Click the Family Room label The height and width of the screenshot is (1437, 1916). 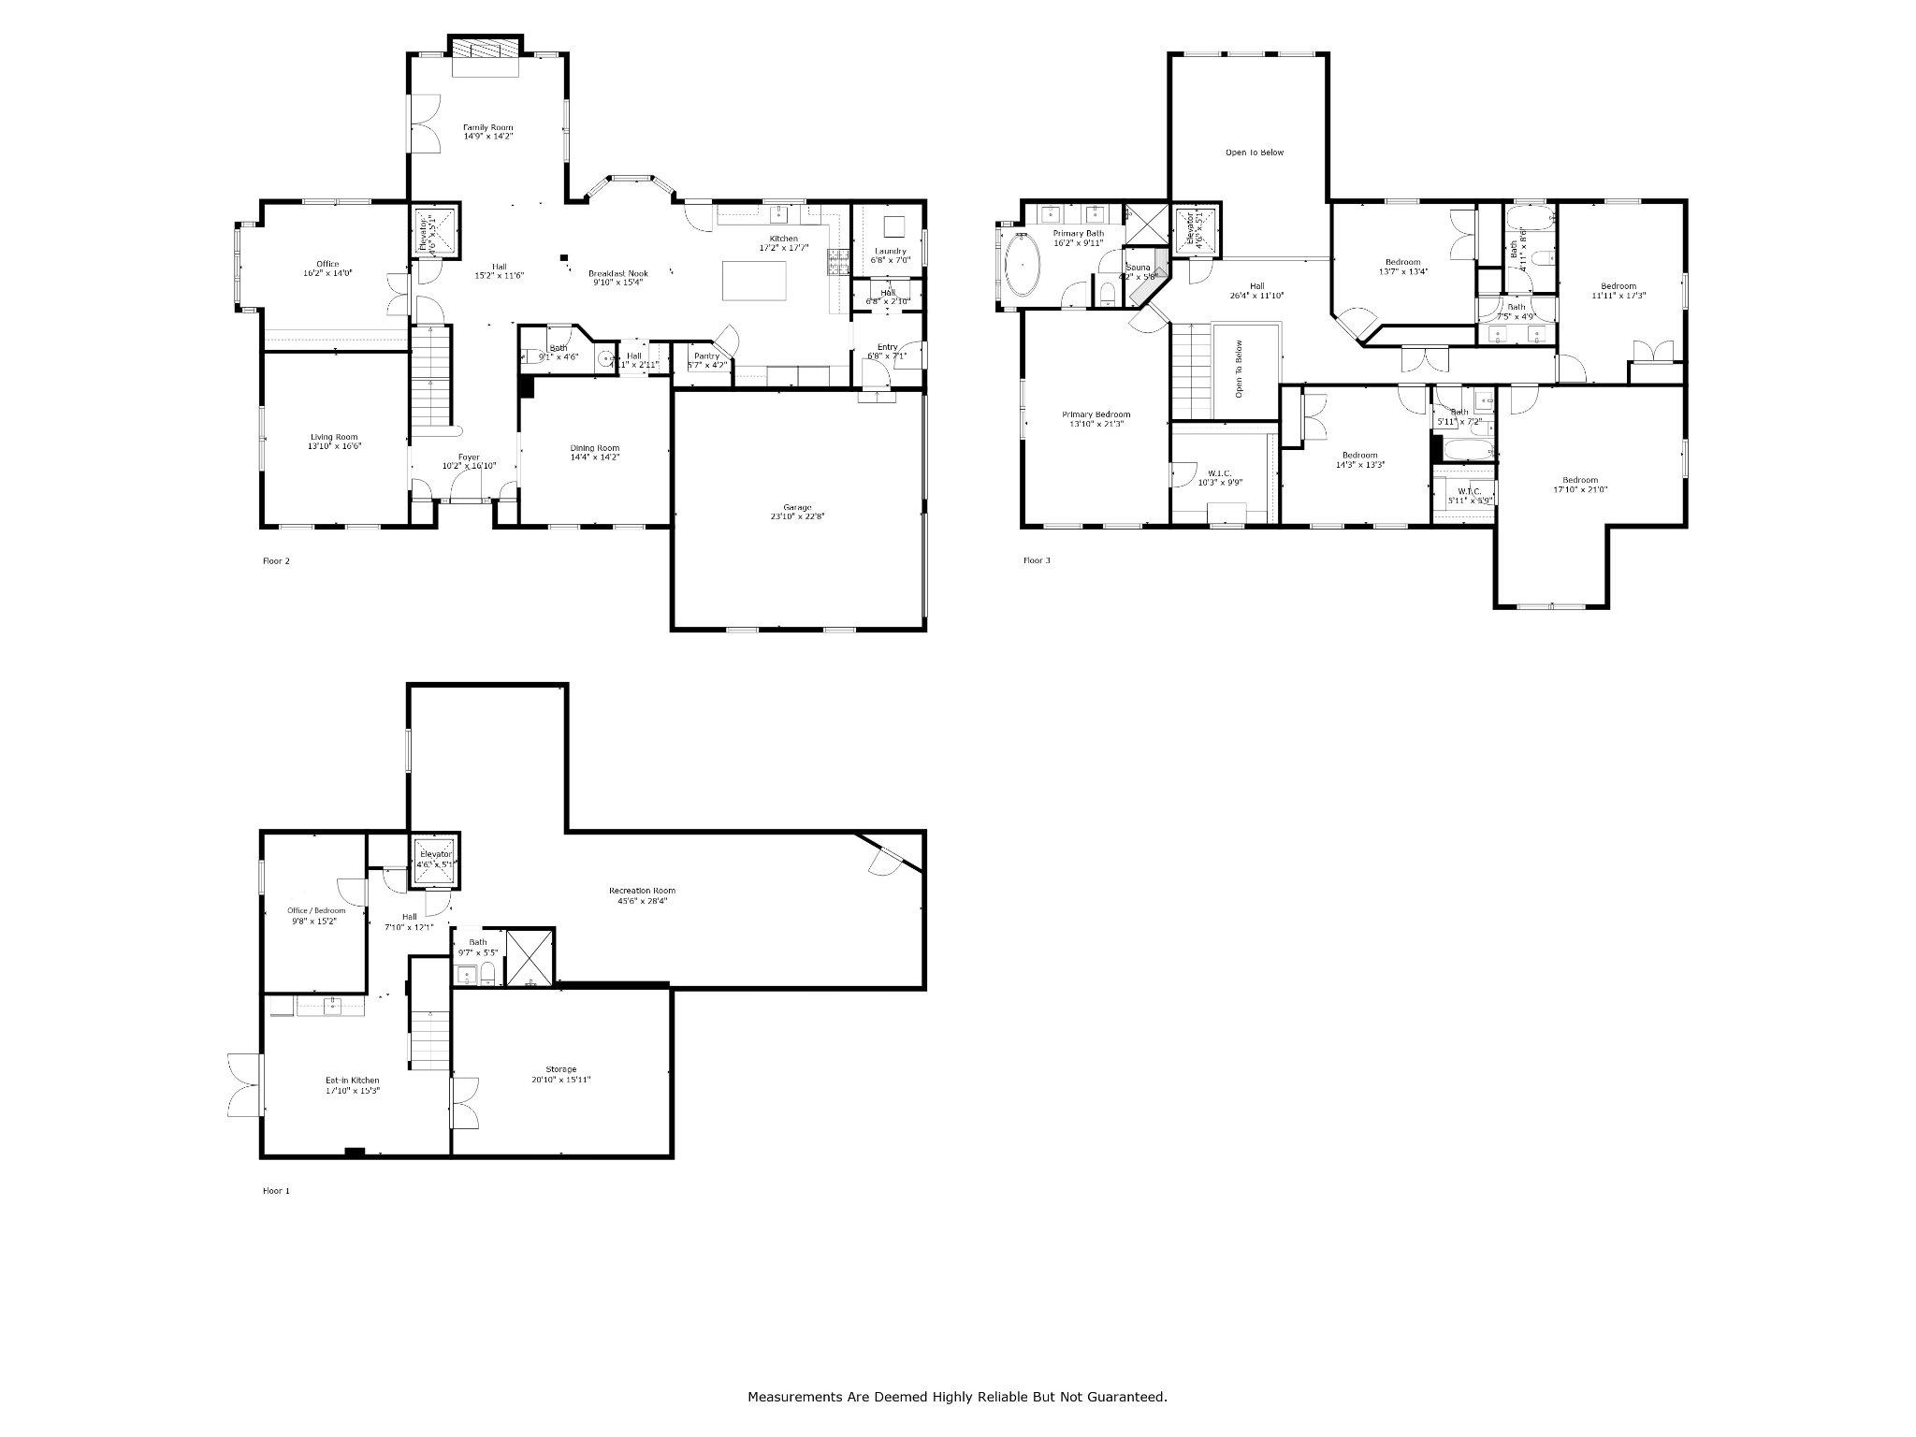[487, 127]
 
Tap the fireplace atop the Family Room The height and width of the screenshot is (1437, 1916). [485, 48]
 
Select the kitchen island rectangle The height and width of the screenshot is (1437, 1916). [755, 281]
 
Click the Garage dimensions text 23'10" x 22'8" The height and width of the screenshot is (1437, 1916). [797, 516]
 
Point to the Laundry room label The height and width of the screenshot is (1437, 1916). [890, 251]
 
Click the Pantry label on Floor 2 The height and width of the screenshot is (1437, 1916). [706, 356]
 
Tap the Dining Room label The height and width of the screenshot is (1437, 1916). [595, 448]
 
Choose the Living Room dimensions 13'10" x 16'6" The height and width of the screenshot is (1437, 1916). [334, 446]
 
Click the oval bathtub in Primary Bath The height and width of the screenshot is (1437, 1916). [1023, 265]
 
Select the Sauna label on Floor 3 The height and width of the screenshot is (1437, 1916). [1137, 268]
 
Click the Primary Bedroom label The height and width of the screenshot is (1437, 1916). [1096, 414]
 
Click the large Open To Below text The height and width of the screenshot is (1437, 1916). [1255, 152]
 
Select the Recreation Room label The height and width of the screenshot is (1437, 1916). [642, 891]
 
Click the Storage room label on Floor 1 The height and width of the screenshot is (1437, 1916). [561, 1069]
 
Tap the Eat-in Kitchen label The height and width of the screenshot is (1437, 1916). [353, 1081]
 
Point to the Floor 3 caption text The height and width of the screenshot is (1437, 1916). [1037, 560]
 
